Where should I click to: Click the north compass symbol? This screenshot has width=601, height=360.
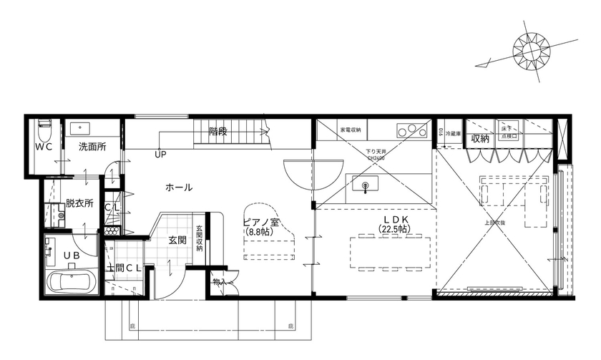click(532, 49)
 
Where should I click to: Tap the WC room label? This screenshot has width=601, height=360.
click(44, 147)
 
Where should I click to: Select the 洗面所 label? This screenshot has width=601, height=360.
click(92, 147)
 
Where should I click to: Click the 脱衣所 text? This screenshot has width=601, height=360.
click(79, 203)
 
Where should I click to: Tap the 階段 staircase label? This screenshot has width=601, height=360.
click(218, 131)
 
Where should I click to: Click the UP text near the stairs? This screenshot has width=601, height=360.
click(159, 153)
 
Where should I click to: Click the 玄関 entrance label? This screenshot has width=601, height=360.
click(178, 240)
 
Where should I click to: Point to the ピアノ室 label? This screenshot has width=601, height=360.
click(260, 222)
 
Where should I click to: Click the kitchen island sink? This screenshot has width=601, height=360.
click(366, 187)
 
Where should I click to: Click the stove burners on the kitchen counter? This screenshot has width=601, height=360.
click(410, 130)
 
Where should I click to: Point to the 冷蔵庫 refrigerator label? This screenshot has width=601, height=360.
click(452, 135)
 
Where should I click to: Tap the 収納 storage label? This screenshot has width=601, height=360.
click(479, 138)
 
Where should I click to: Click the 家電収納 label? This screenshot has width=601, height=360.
click(350, 130)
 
